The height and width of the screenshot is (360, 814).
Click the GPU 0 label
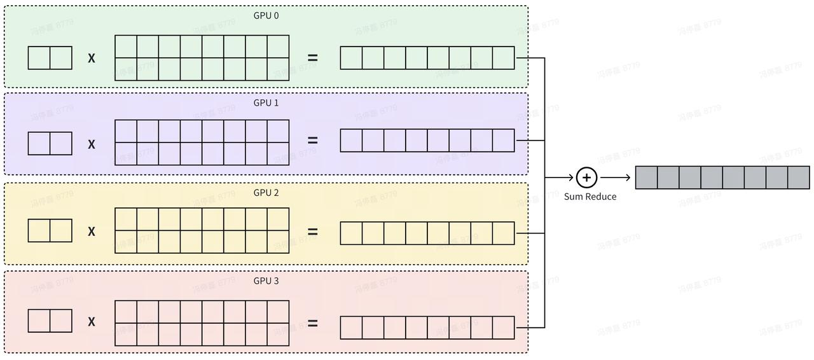[x=266, y=15]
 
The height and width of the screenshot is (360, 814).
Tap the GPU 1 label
[x=266, y=102]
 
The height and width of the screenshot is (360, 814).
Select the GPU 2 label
[x=266, y=192]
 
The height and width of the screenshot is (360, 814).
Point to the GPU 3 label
[x=266, y=280]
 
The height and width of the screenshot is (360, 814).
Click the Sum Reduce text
[x=590, y=197]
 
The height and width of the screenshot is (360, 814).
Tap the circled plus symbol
[x=586, y=177]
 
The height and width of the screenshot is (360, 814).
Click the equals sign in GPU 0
[x=312, y=58]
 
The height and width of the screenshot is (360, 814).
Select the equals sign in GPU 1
[x=312, y=141]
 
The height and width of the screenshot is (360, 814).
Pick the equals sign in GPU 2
[x=312, y=232]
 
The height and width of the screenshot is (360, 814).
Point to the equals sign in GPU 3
[x=312, y=323]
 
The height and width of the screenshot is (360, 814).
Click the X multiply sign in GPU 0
[x=92, y=58]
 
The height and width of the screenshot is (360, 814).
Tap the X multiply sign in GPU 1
[x=92, y=144]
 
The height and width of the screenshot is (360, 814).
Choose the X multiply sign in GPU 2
[x=92, y=232]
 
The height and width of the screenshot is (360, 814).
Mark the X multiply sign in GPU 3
[x=92, y=322]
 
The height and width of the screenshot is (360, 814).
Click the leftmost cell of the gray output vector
[x=646, y=177]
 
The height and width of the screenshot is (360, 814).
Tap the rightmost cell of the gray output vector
[x=799, y=177]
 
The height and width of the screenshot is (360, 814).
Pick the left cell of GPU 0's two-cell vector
[x=39, y=58]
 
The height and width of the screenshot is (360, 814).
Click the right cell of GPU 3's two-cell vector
[x=61, y=321]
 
